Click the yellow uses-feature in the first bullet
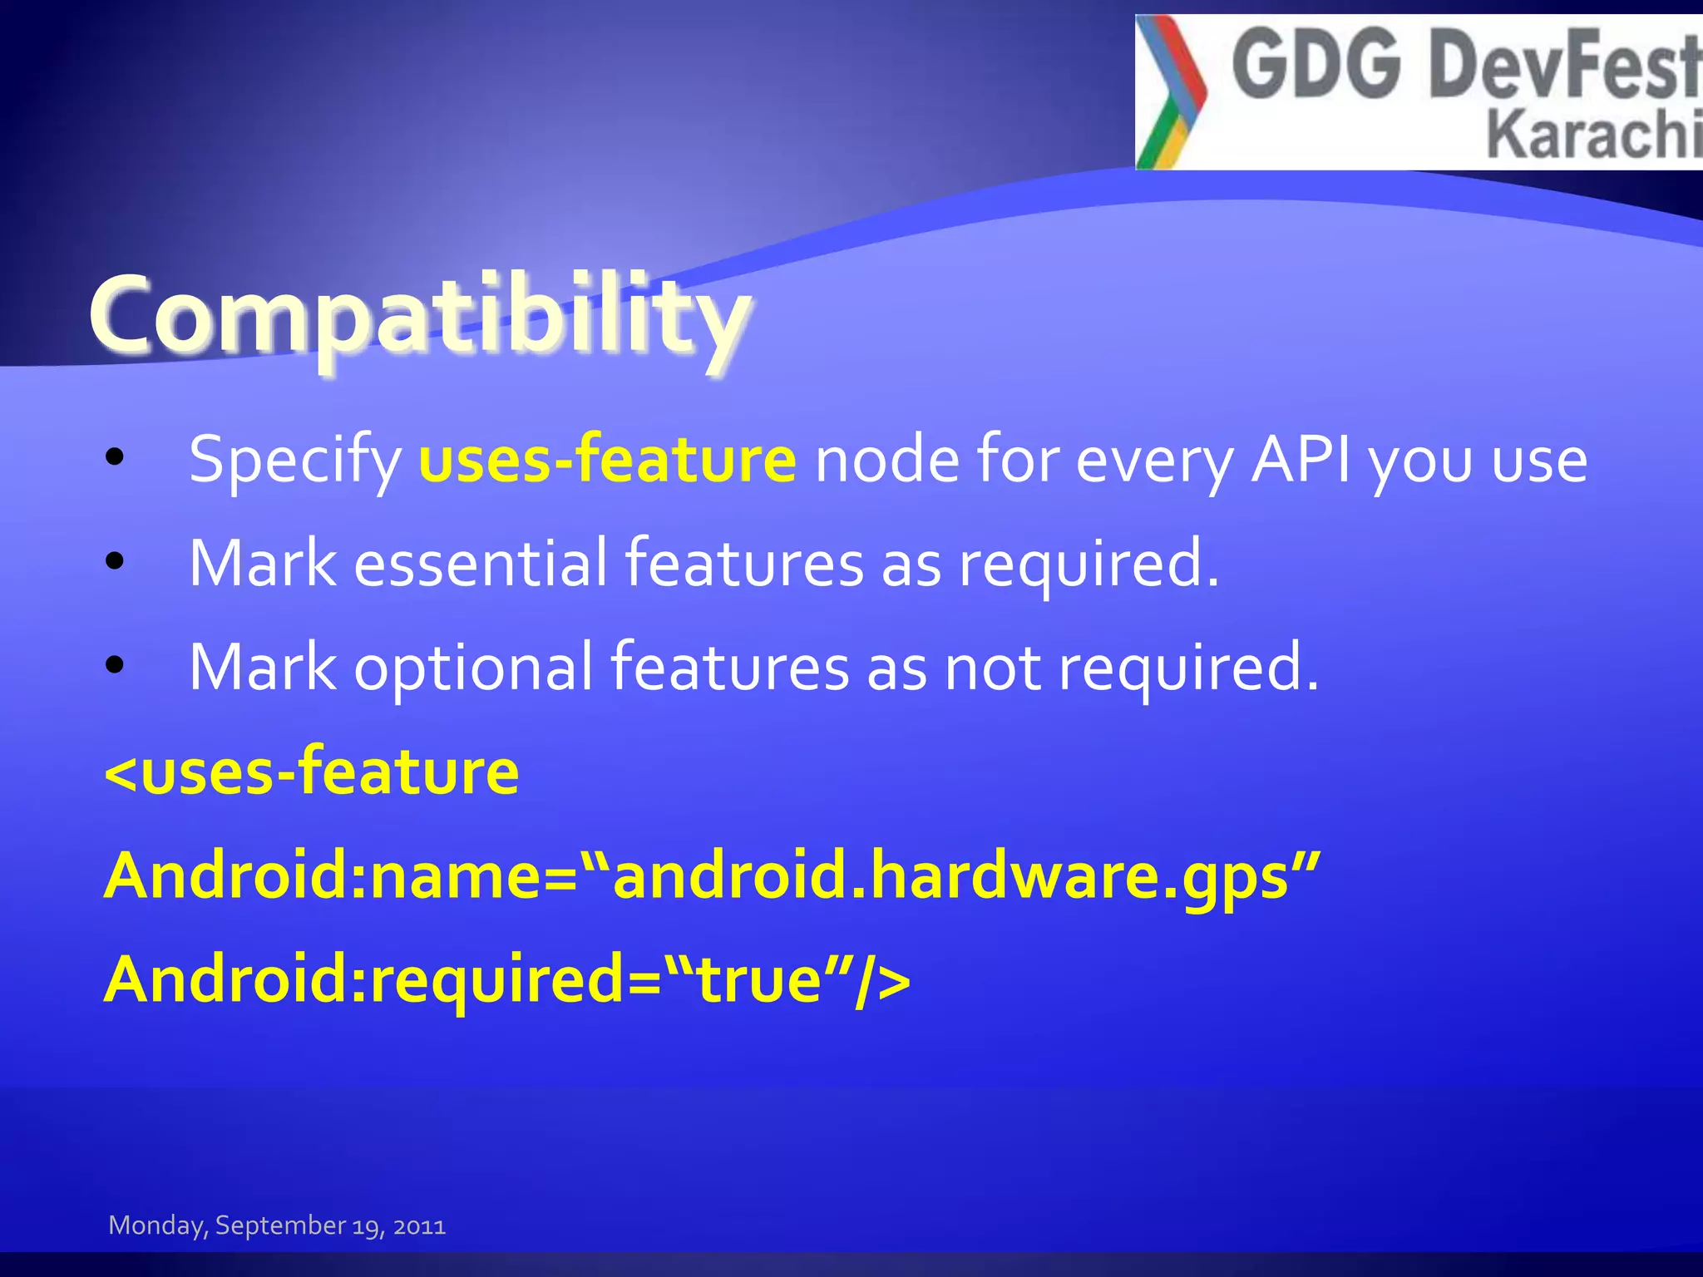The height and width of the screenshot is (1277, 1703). tap(607, 459)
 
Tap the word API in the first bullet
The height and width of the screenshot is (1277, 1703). tap(1301, 459)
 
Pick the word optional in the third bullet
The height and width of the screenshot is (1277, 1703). tap(474, 668)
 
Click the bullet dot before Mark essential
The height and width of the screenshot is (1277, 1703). tap(115, 561)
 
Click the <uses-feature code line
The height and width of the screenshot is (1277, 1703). tap(312, 772)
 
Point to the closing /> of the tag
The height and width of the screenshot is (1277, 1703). tap(881, 979)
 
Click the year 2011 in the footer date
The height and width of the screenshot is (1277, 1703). tap(419, 1226)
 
